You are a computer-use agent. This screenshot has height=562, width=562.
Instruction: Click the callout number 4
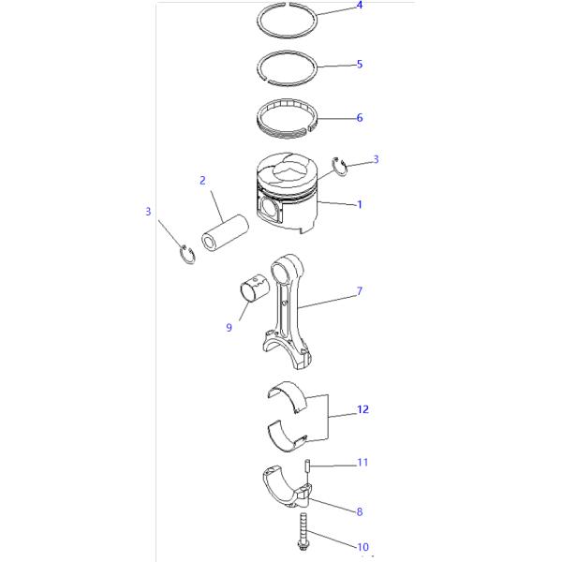(x=360, y=5)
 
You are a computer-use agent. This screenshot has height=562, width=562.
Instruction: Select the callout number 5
(x=360, y=64)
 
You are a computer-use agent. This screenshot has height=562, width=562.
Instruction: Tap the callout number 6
(x=360, y=117)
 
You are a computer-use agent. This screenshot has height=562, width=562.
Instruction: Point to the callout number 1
(x=360, y=204)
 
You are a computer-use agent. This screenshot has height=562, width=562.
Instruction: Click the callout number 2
(x=202, y=180)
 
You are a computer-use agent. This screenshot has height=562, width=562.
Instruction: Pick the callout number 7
(x=360, y=291)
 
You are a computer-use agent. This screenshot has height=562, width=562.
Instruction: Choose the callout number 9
(x=229, y=327)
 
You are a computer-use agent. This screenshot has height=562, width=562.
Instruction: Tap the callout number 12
(x=362, y=409)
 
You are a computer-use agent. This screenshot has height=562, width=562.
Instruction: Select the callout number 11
(x=362, y=463)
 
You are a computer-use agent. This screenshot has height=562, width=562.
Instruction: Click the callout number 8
(x=360, y=511)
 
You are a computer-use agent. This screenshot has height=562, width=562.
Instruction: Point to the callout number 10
(x=362, y=547)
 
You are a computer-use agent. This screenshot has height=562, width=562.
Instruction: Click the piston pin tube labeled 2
(x=225, y=232)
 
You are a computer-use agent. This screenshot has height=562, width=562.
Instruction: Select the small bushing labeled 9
(x=255, y=288)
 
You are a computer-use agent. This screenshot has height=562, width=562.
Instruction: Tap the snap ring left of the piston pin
(x=187, y=255)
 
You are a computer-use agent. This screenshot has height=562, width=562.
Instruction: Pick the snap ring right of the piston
(x=339, y=167)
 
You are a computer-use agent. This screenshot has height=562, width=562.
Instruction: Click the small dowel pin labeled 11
(x=307, y=466)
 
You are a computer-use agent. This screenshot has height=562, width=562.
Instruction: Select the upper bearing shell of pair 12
(x=288, y=397)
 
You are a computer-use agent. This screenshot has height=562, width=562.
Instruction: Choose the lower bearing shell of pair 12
(x=288, y=436)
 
